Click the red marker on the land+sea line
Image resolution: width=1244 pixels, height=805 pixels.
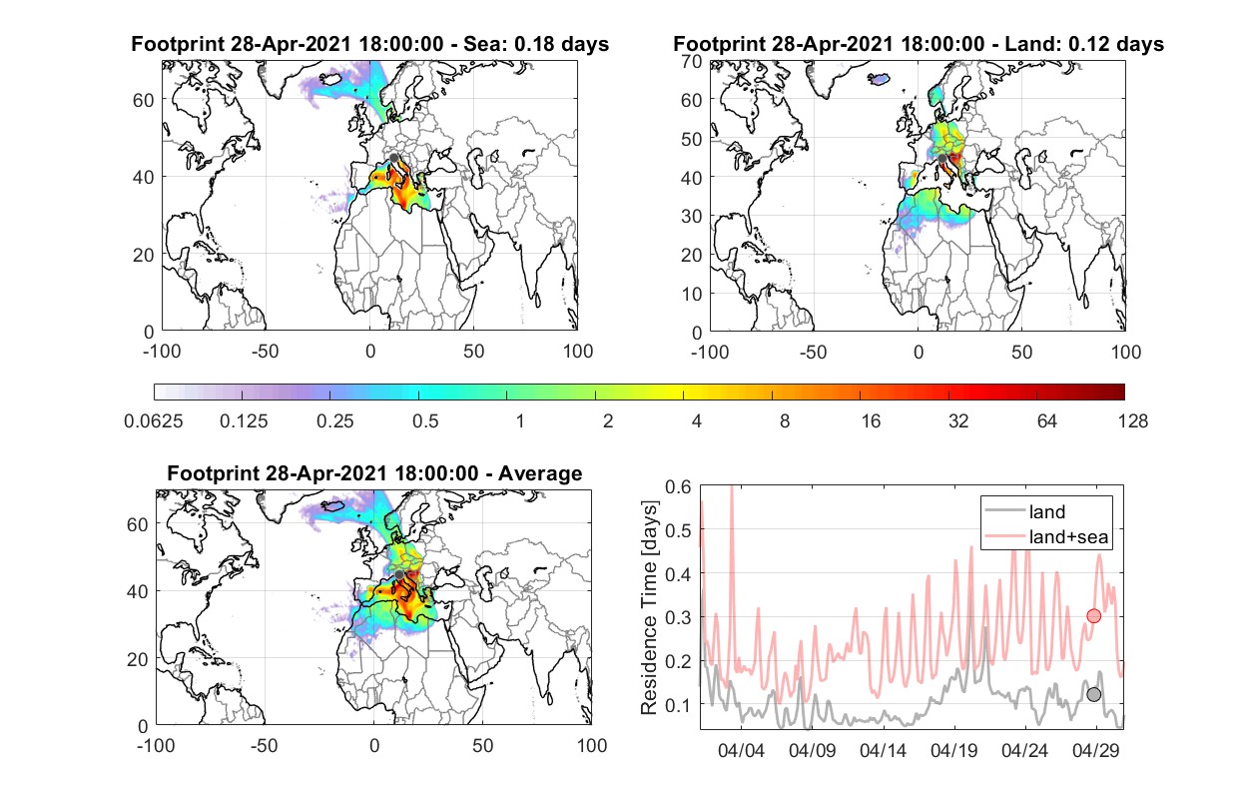1093,615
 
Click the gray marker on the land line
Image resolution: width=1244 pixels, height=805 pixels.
1093,694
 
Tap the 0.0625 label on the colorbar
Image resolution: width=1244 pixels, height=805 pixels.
154,421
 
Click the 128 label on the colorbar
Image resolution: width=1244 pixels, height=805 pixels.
1132,421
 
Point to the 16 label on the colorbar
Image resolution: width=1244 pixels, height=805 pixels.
871,421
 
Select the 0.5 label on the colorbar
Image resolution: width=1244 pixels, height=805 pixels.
425,421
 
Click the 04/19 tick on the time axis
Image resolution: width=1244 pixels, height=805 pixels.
953,750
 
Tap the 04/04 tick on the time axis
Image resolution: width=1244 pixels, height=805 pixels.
741,750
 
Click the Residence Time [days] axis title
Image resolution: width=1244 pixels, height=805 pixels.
649,608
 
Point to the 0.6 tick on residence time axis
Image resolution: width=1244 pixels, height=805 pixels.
678,486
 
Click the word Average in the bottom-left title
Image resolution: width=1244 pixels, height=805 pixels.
540,473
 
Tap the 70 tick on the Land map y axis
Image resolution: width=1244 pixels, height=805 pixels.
692,61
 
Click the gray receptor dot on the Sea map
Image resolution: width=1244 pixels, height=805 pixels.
393,158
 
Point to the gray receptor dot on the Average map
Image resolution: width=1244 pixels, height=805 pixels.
399,574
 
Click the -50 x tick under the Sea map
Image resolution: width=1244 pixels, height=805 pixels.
265,352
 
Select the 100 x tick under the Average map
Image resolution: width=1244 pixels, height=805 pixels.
591,745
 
